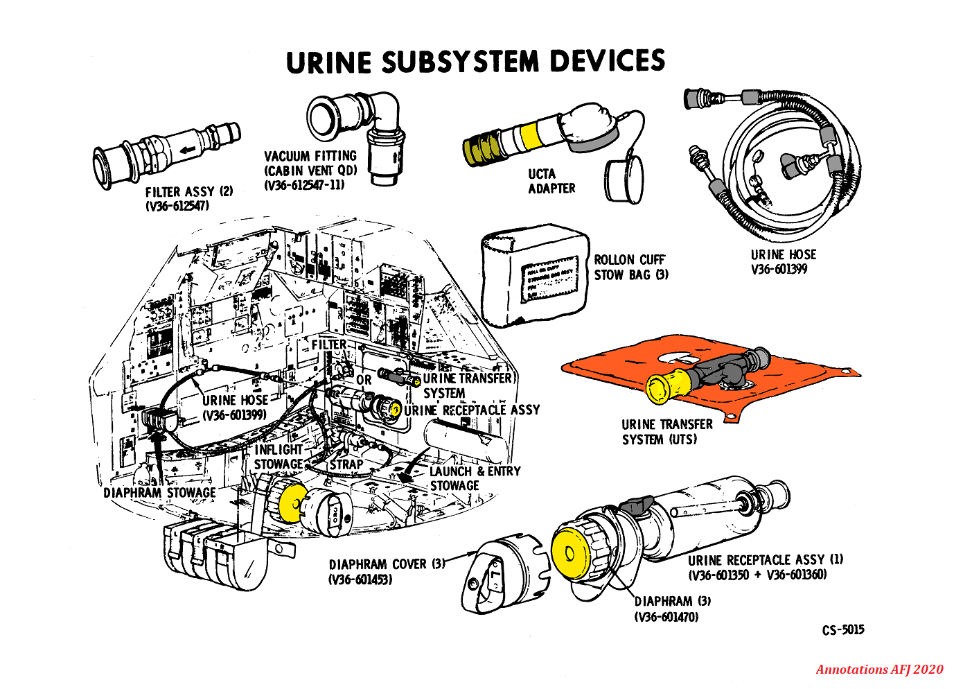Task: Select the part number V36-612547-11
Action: [x=304, y=185]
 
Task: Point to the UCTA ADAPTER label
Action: [x=551, y=181]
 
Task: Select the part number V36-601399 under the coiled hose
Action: [x=779, y=270]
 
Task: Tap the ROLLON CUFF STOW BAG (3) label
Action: [x=630, y=267]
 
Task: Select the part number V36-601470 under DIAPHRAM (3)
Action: [x=666, y=617]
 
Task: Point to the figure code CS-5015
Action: [x=843, y=630]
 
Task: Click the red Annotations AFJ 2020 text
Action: [x=879, y=670]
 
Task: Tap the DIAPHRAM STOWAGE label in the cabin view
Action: [x=159, y=493]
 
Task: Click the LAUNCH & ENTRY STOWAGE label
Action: [x=475, y=478]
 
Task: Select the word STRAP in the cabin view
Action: [x=346, y=464]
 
